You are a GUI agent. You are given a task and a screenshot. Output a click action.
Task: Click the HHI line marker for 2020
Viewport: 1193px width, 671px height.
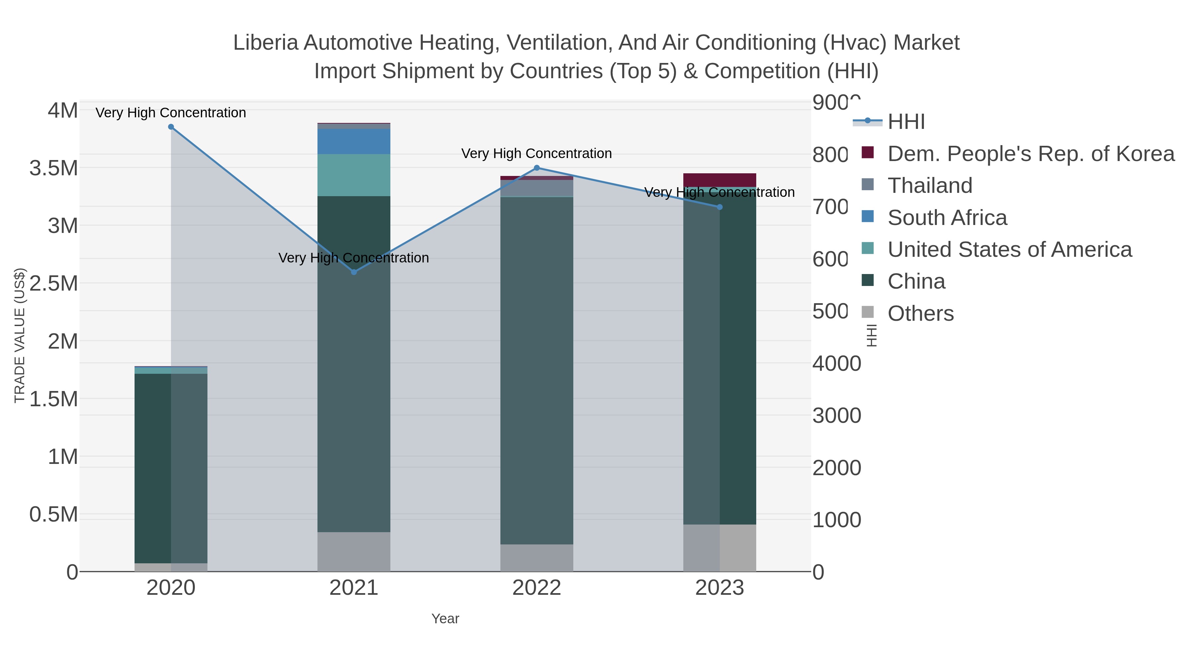tap(171, 127)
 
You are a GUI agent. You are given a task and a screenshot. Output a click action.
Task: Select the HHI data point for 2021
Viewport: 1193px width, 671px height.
tap(354, 272)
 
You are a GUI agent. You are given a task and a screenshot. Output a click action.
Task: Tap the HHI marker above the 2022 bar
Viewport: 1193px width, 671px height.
tap(537, 168)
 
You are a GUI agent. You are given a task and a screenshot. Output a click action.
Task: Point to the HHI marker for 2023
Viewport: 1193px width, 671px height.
tap(720, 207)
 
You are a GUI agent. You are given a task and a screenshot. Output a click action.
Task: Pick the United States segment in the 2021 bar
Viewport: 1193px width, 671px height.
tap(354, 175)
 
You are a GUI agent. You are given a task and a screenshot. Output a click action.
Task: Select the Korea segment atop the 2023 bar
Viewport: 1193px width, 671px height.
tap(720, 180)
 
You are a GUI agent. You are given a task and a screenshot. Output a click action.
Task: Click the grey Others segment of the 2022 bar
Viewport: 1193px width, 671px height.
tap(537, 558)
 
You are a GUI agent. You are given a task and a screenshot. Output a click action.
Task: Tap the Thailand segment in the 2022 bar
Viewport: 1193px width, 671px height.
tap(537, 188)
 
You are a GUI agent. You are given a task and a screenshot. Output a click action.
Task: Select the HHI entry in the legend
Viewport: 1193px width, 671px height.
tap(906, 121)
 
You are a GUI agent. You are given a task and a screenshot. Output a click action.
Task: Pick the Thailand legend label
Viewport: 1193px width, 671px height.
tap(930, 185)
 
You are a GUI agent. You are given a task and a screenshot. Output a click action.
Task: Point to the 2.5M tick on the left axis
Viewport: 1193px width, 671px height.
tap(54, 283)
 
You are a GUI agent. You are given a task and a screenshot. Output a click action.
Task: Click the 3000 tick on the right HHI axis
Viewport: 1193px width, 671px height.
tap(836, 416)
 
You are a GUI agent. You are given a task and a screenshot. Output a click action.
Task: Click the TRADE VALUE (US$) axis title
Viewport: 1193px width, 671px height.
tap(20, 335)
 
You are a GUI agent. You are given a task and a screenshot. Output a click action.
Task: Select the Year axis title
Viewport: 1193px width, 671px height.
tap(445, 619)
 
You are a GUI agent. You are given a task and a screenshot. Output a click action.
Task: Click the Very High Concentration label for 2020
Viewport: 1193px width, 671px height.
tap(171, 113)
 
